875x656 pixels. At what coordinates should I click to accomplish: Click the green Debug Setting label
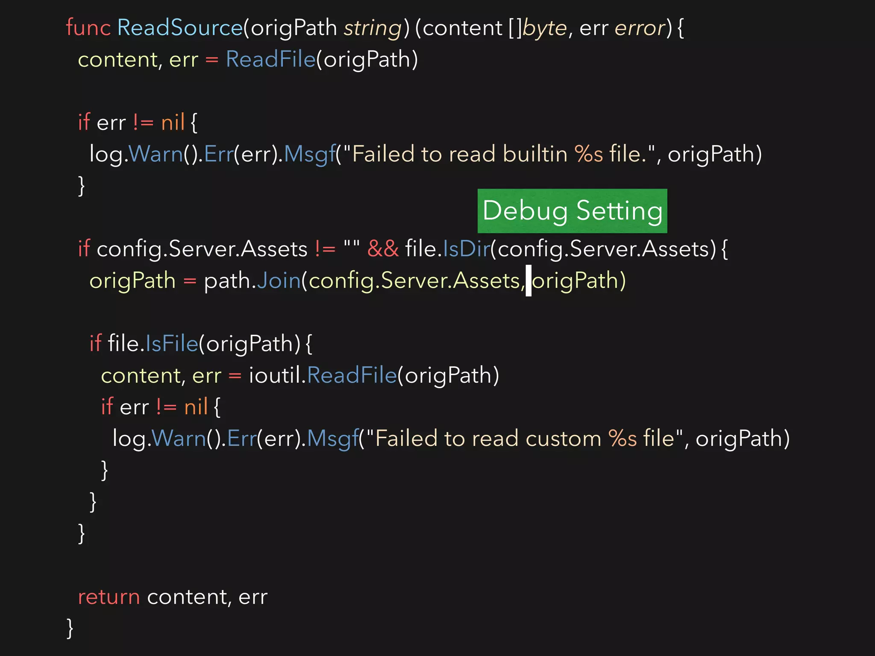(572, 211)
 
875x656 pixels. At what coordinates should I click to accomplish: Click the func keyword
(88, 28)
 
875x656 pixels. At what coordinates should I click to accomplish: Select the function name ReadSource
(180, 28)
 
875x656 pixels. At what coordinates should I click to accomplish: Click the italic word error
(640, 28)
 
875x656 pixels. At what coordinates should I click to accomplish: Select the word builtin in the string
(535, 154)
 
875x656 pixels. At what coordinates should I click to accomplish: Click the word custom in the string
(563, 439)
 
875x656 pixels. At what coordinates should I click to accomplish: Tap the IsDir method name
(467, 249)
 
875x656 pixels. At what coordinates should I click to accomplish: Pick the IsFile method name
(172, 343)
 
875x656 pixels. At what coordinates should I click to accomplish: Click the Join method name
(279, 281)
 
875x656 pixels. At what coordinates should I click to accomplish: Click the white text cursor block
(529, 281)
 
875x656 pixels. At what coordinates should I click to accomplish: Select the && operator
(383, 249)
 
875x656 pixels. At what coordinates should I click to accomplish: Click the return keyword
(109, 597)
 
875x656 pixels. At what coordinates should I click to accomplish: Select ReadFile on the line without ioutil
(270, 59)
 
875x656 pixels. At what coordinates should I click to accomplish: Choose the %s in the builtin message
(588, 154)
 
